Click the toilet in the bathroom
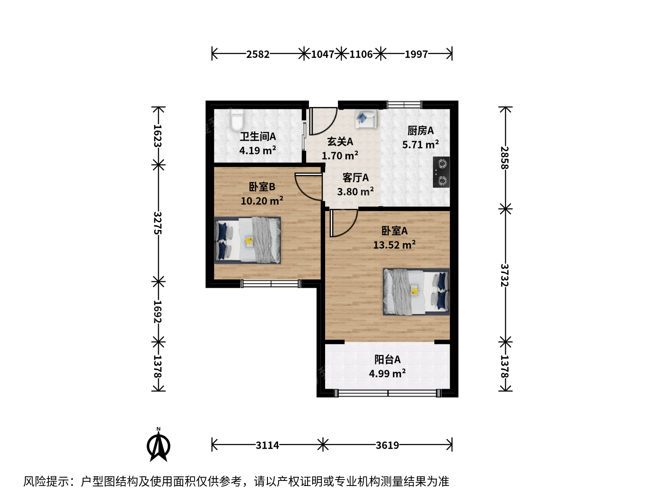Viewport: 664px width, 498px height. click(237, 120)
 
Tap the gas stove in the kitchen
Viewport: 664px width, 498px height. click(441, 172)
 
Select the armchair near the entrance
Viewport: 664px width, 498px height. click(366, 119)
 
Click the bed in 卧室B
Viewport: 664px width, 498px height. click(248, 240)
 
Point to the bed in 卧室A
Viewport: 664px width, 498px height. click(416, 292)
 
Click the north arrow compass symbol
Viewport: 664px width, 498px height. click(159, 445)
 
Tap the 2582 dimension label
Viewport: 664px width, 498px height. click(258, 54)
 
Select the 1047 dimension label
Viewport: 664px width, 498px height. click(322, 54)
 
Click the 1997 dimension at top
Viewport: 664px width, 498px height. click(416, 54)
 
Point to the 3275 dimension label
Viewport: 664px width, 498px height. click(158, 223)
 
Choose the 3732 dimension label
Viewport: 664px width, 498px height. click(504, 275)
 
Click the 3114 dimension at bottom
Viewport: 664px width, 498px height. click(267, 445)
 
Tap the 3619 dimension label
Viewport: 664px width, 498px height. click(387, 445)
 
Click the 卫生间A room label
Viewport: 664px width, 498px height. click(258, 136)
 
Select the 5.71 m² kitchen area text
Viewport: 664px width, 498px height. click(421, 144)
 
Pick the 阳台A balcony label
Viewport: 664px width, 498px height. click(387, 360)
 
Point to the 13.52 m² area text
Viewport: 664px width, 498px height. click(394, 244)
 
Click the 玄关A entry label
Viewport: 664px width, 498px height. click(340, 142)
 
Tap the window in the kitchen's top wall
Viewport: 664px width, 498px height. click(404, 105)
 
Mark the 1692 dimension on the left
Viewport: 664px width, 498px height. click(158, 312)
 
